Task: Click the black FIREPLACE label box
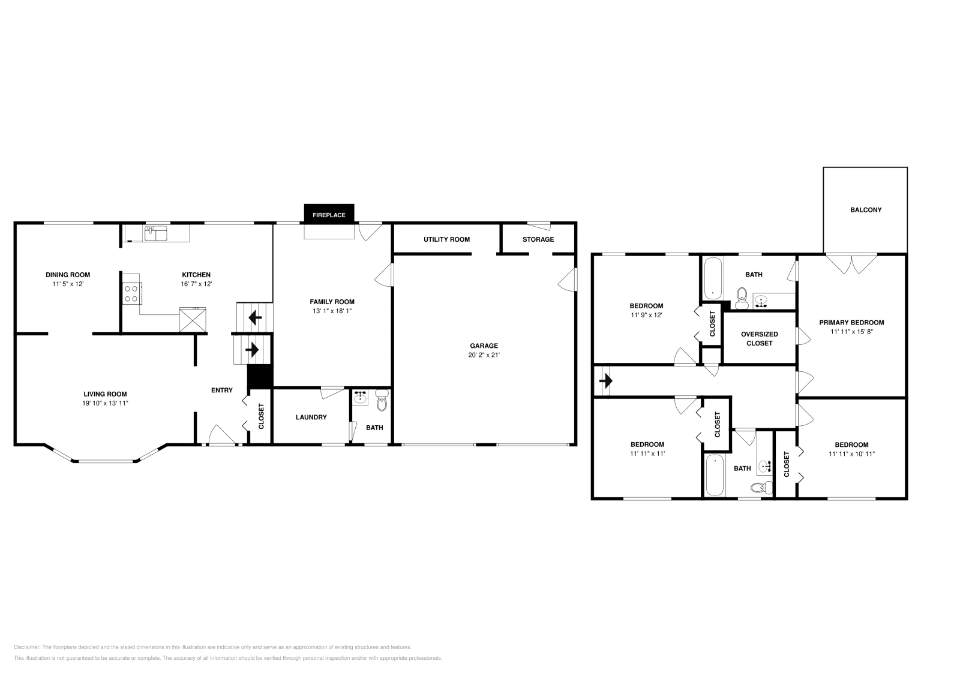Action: pyautogui.click(x=329, y=215)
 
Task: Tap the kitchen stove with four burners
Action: pyautogui.click(x=132, y=293)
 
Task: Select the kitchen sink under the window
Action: pyautogui.click(x=156, y=233)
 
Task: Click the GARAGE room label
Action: pyautogui.click(x=484, y=345)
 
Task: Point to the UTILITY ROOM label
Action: pyautogui.click(x=446, y=239)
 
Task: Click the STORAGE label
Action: pyautogui.click(x=538, y=239)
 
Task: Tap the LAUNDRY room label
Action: pyautogui.click(x=311, y=417)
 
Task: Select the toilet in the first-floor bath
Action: pyautogui.click(x=382, y=401)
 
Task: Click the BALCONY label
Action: pyautogui.click(x=866, y=210)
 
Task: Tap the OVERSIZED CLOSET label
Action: pyautogui.click(x=759, y=339)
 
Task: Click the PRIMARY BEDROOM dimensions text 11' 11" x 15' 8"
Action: pyautogui.click(x=851, y=331)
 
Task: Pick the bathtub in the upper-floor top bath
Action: pyautogui.click(x=712, y=278)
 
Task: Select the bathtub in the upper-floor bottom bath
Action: pyautogui.click(x=714, y=475)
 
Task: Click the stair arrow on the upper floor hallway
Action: pyautogui.click(x=605, y=381)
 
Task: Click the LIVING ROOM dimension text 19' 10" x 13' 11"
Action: pyautogui.click(x=106, y=403)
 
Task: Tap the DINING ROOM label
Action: pyautogui.click(x=68, y=275)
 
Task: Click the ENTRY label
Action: pyautogui.click(x=222, y=390)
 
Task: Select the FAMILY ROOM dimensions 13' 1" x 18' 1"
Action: pyautogui.click(x=332, y=311)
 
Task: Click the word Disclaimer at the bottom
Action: pyautogui.click(x=26, y=647)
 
